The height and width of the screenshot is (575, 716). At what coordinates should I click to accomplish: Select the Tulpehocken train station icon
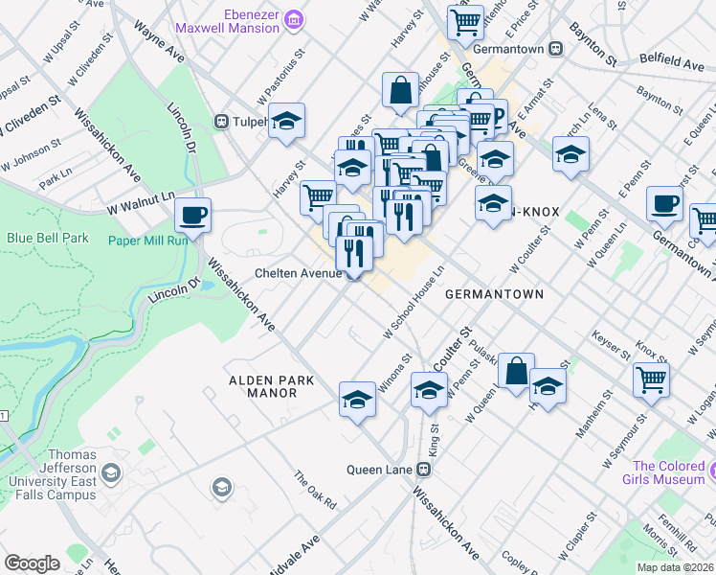coord(221,122)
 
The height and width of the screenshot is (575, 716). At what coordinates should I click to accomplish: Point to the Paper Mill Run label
coord(143,241)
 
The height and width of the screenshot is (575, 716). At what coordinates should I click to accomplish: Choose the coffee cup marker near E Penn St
coord(664,203)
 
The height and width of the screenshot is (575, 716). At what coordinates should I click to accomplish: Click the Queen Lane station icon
coord(421,470)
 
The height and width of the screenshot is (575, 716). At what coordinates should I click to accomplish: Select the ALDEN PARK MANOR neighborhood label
coord(272,386)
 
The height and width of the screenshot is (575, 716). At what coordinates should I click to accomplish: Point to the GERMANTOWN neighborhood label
coord(494,295)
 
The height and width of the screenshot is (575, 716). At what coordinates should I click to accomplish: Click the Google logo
coord(32,563)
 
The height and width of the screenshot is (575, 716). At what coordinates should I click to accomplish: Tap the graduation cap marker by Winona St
coord(357,398)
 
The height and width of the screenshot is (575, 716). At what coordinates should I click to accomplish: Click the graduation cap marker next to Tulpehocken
coord(286,121)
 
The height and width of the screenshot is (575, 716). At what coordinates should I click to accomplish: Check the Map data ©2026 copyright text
coord(674,567)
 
